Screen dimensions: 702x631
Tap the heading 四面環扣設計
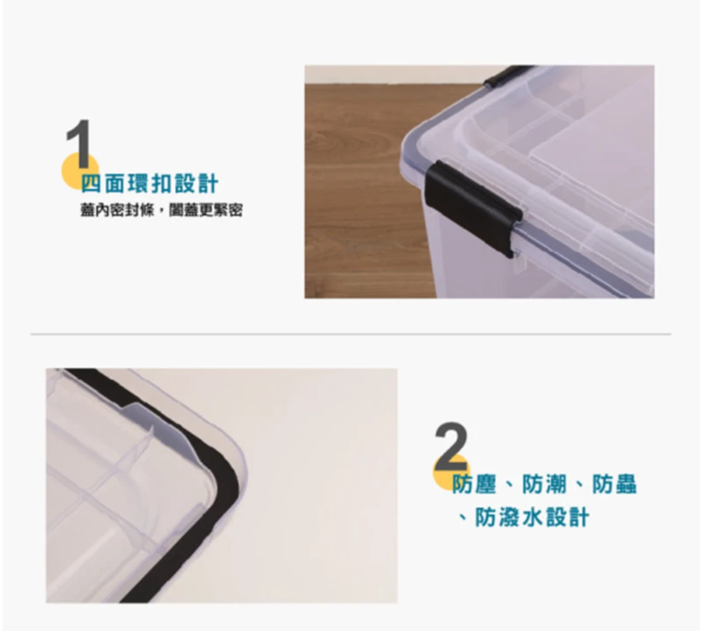point(150,184)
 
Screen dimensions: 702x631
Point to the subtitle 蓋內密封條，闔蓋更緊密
point(162,210)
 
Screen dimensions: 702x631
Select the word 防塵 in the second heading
point(474,484)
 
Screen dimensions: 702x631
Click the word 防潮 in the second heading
point(544,484)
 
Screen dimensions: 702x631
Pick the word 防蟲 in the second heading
point(614,484)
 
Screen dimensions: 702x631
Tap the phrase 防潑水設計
point(532,517)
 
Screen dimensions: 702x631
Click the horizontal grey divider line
point(351,334)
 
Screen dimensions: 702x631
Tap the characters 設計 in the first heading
point(197,184)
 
